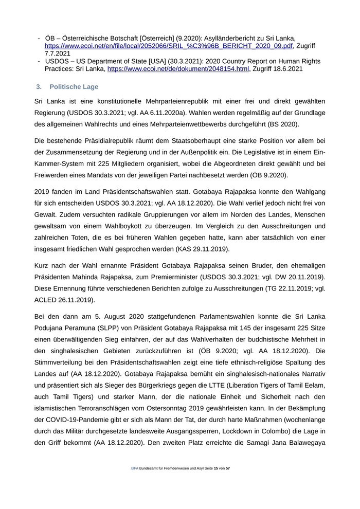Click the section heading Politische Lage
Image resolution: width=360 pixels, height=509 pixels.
74,86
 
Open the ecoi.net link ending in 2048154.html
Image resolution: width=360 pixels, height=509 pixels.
178,69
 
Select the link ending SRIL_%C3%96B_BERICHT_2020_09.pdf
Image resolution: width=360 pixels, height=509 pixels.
169,46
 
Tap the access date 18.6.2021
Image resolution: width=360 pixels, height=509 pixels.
284,69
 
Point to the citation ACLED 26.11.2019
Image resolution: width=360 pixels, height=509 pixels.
65,300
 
